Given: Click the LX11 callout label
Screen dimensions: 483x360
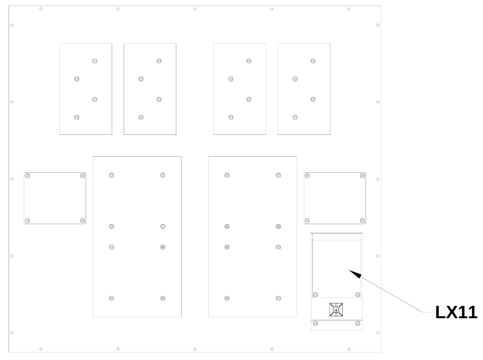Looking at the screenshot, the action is point(456,312).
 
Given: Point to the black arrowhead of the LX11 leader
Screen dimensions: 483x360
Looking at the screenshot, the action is point(355,274).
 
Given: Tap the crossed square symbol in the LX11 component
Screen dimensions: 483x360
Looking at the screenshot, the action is point(336,310).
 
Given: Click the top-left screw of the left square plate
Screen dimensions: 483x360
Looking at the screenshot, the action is point(28,176).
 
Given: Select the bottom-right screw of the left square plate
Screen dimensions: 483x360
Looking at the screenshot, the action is point(83,221).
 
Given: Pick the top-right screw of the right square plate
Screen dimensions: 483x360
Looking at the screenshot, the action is point(363,176).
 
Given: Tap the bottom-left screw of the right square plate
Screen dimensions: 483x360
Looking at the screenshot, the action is point(307,221).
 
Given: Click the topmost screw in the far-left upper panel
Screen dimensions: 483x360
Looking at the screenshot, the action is point(95,61).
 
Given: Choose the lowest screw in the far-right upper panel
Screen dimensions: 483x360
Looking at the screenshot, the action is point(295,117).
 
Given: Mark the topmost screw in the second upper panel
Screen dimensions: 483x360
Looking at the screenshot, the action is point(159,61).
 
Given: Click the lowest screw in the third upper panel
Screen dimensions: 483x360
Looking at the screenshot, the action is point(231,117).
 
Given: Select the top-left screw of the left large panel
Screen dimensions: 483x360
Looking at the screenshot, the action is point(112,175).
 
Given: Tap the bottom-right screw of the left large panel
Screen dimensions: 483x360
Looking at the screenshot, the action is point(163,298).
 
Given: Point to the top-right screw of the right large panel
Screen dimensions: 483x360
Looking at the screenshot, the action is point(279,175).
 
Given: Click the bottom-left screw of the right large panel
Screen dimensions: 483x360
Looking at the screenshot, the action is point(227,298).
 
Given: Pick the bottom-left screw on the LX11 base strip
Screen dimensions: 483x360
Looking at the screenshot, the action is point(316,323).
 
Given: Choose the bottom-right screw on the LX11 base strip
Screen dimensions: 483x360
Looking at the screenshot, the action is point(358,323).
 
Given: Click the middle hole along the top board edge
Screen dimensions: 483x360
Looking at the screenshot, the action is point(195,9).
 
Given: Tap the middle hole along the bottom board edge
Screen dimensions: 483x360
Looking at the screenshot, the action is point(195,349).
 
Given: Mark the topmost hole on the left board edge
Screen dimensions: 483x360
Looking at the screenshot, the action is point(12,25).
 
